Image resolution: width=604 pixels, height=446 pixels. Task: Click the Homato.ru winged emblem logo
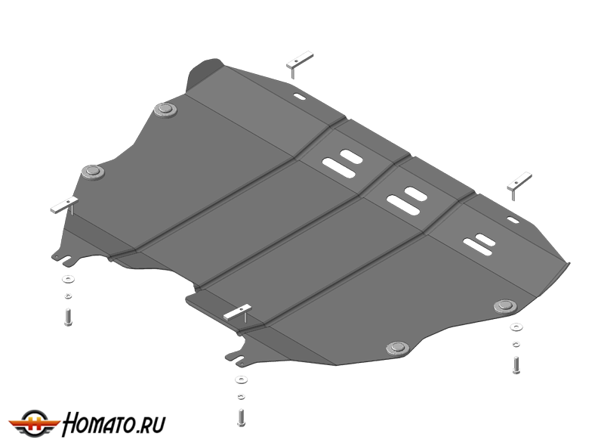coord(34,423)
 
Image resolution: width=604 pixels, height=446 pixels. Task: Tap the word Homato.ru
coord(114,423)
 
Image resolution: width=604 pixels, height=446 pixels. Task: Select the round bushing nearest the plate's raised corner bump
coord(165,110)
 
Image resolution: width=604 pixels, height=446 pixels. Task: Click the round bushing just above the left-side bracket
coord(92,172)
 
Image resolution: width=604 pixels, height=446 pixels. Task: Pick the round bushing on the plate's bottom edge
coord(398,348)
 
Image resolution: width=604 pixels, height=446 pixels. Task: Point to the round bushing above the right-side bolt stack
coord(505,306)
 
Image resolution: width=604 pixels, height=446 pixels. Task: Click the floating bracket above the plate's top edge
coord(299,63)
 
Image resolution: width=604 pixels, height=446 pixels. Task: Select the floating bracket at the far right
coord(519,185)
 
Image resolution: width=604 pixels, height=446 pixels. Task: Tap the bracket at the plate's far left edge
coord(65,206)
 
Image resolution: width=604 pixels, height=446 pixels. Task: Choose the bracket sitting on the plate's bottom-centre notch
coord(238,312)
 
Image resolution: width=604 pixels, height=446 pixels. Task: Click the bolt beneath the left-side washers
coord(69,317)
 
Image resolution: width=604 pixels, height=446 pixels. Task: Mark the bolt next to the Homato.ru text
coord(241,418)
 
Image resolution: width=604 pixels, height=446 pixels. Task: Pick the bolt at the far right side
coord(516,365)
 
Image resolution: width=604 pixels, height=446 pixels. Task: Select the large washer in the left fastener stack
coord(68,279)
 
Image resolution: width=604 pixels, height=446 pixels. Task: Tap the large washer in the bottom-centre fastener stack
coord(241,380)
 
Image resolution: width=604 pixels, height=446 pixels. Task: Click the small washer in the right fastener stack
coord(516,344)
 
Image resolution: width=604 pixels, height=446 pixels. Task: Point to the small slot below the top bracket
coord(299,97)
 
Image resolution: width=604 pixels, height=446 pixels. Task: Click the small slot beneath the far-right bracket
coord(513,220)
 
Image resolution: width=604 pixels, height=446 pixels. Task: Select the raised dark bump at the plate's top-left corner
coord(204,74)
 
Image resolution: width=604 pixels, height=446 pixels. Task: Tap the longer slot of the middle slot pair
coord(402,205)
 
